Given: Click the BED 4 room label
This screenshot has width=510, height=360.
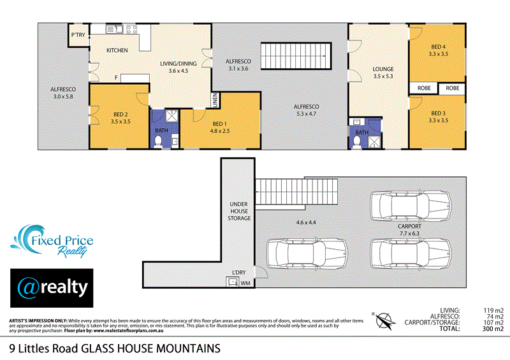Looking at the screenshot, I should point(437,47).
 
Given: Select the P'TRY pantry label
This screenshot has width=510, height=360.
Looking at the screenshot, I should point(78,34).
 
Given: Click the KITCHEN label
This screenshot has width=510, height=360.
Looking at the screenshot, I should point(117,50).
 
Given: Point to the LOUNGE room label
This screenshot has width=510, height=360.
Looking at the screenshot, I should point(382,69).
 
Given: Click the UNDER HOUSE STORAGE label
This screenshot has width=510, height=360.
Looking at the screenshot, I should point(240,211).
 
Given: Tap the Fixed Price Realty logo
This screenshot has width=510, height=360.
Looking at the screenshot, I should point(52,240).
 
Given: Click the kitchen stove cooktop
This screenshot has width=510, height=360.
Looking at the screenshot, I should point(131,29).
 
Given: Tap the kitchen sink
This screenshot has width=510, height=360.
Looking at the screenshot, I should point(115,29).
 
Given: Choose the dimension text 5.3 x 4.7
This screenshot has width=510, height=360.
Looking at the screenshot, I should point(306,115).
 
